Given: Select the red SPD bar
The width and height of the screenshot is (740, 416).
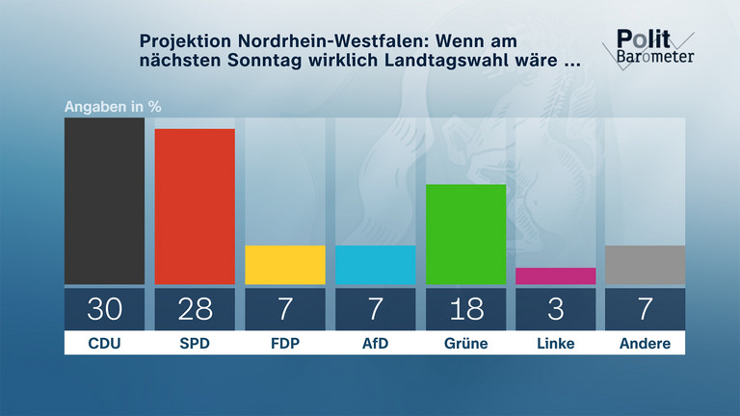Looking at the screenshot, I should coord(195,206).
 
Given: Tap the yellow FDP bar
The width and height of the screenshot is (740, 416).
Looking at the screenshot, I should coord(285,265).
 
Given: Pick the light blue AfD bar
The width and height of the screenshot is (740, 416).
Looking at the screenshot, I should coord(375,265).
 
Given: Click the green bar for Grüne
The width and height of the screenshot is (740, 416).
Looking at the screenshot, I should coord(465,234).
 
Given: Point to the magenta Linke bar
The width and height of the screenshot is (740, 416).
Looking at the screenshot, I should coord(556,276).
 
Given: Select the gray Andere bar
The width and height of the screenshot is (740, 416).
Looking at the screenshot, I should coord(646,265).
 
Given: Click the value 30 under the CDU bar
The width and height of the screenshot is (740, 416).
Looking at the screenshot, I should coord(104,309).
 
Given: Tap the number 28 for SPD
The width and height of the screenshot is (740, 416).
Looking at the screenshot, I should coord(195,309).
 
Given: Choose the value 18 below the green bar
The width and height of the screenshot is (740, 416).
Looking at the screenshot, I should coord(465,309).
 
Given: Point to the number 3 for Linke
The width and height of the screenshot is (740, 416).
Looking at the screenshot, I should coord(556,309).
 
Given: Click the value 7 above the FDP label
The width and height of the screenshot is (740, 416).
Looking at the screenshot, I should coord(285,309).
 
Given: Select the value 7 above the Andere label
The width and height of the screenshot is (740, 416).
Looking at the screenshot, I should coord(646,309).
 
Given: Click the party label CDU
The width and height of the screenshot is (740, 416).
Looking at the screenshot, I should coord(104,343).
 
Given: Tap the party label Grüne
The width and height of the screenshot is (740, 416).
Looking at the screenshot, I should coord(465,343).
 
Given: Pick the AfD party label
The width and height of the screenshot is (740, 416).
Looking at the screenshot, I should coord(375,343).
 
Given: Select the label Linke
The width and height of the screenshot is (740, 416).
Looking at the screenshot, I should coord(556,343).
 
